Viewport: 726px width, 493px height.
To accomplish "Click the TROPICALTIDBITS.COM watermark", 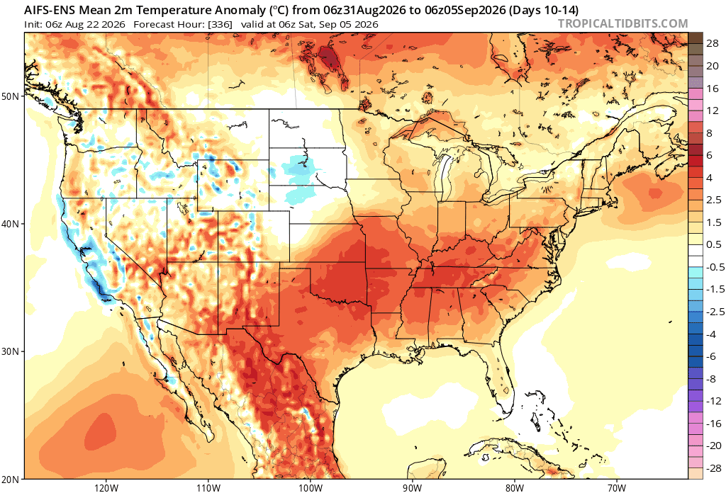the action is coord(622,23).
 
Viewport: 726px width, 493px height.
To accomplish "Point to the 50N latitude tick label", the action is coord(12,96).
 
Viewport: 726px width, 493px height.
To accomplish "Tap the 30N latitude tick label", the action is coord(12,351).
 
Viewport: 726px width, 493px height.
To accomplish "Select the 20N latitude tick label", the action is coord(12,479).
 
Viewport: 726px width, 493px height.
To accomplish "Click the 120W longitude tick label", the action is coord(106,488).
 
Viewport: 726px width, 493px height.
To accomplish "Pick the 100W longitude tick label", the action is coord(311,488).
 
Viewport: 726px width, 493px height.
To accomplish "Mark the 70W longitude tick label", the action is coord(617,488).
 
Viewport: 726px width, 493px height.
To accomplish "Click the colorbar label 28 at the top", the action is coord(713,44).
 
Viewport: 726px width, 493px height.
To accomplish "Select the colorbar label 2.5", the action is coord(713,200).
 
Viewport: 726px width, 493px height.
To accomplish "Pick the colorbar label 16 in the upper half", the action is coord(713,89).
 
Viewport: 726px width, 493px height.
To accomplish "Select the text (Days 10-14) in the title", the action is coord(544,10).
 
